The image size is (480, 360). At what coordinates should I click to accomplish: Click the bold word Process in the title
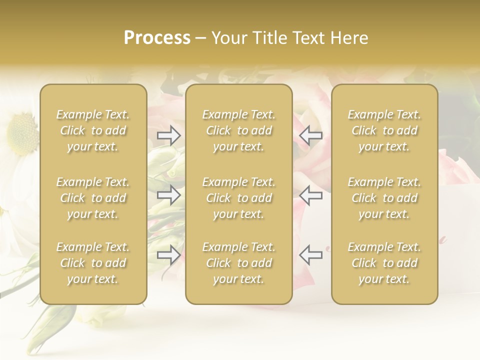(x=157, y=38)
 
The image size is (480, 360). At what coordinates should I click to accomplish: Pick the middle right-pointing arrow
(x=169, y=195)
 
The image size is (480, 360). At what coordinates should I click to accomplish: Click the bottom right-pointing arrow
(x=169, y=255)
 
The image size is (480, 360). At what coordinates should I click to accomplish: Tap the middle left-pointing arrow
(x=310, y=195)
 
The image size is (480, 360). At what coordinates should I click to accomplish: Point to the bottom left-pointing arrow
(x=310, y=255)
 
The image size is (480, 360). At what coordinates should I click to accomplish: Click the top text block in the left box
(x=93, y=131)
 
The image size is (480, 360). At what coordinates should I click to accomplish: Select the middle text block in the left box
(x=93, y=198)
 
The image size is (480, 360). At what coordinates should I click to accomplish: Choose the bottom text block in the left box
(x=93, y=263)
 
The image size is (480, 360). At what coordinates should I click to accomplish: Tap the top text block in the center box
(x=239, y=131)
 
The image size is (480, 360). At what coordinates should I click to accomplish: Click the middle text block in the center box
(x=239, y=198)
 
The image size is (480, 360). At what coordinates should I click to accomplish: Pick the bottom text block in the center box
(x=239, y=263)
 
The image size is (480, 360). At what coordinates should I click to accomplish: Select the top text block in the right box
(x=384, y=131)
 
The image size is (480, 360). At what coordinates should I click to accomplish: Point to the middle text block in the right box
(x=384, y=198)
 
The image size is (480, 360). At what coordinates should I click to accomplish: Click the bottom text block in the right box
(x=384, y=263)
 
